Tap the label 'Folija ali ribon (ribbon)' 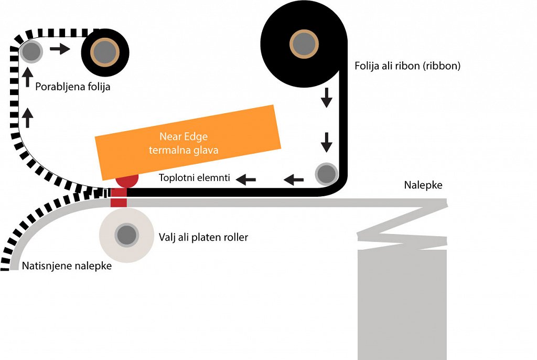click(407, 67)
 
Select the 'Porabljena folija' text click(73, 87)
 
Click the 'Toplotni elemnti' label click(195, 178)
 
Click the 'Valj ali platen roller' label click(203, 237)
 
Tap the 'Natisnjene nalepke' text click(67, 266)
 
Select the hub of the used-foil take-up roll click(105, 51)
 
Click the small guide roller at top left click(31, 51)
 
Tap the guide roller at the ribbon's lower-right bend click(326, 173)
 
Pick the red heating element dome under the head click(126, 181)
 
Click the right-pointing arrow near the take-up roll click(60, 49)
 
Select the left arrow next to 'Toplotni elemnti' click(246, 179)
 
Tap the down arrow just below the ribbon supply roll click(327, 98)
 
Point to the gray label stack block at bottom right click(402, 304)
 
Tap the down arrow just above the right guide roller click(327, 142)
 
